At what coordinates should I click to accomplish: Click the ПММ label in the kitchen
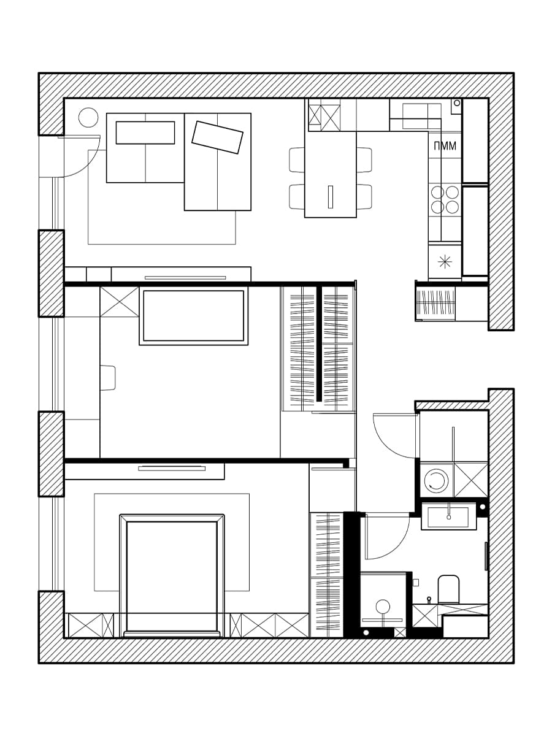[x=445, y=146]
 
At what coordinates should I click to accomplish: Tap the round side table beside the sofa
[x=88, y=117]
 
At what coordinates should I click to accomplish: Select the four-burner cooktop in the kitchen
[x=445, y=201]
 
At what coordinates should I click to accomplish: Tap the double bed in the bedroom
[x=172, y=576]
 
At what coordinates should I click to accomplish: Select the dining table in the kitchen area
[x=330, y=174]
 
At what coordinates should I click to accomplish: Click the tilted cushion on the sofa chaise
[x=217, y=137]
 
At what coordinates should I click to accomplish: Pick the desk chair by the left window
[x=108, y=378]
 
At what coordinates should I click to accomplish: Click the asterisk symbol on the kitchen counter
[x=445, y=261]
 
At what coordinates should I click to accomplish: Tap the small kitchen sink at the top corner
[x=456, y=107]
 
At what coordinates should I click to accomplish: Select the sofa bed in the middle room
[x=194, y=316]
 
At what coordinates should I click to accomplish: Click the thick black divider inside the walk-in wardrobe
[x=319, y=343]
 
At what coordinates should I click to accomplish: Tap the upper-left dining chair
[x=297, y=160]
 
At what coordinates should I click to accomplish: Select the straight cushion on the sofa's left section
[x=145, y=132]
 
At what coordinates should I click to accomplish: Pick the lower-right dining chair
[x=364, y=196]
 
